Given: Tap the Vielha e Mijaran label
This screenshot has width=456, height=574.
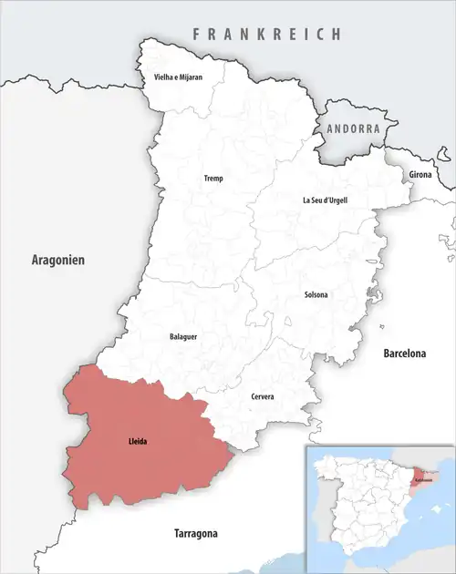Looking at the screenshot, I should [177, 78].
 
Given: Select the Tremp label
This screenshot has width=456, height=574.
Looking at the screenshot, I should [212, 179].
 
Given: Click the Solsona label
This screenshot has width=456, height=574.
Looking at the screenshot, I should [316, 294].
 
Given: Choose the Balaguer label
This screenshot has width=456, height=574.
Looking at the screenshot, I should [183, 337].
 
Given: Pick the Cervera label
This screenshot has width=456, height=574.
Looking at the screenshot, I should [262, 397].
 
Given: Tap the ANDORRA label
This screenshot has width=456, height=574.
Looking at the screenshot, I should [353, 129].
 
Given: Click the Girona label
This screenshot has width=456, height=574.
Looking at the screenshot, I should [420, 173].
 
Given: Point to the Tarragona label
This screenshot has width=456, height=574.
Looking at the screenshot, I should [202, 533].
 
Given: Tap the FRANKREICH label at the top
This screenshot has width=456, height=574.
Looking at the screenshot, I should [266, 34].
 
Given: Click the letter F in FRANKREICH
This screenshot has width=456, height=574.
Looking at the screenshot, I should [195, 34].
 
